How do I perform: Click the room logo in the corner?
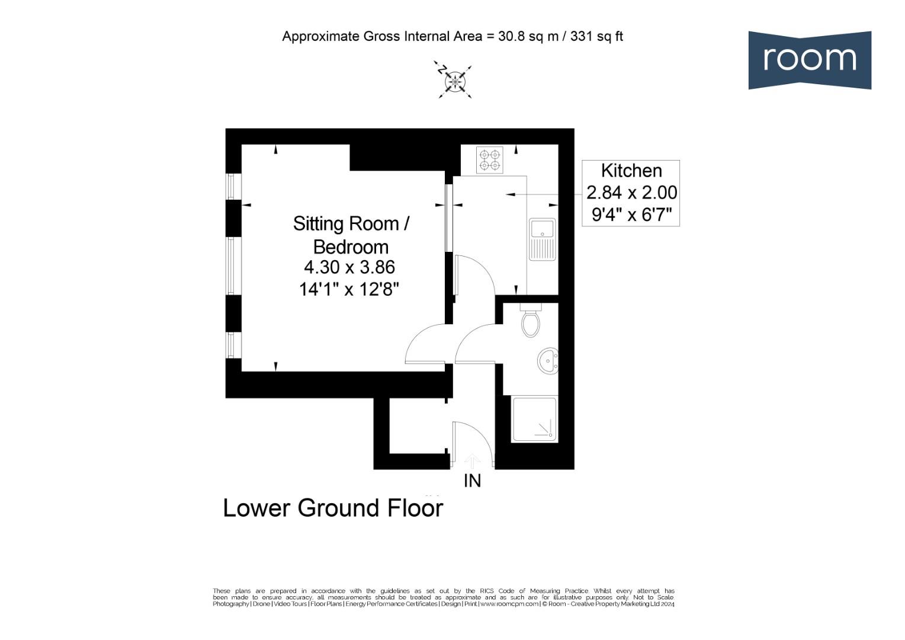[x=809, y=60]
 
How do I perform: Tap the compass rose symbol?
[x=455, y=81]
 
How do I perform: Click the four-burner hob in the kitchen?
[x=489, y=160]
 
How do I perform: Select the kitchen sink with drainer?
[x=542, y=239]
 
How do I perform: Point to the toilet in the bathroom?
[x=531, y=322]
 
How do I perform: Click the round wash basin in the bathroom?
[x=548, y=361]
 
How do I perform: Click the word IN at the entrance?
[x=472, y=481]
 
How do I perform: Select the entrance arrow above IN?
[x=472, y=460]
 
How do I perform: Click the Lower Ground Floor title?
[x=333, y=508]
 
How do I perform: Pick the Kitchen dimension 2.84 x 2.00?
[x=631, y=193]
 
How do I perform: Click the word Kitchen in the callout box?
[x=631, y=171]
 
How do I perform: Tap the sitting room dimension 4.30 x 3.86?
[x=349, y=267]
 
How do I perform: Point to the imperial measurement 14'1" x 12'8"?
[x=349, y=290]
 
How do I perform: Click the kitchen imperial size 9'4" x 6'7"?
[x=631, y=215]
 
